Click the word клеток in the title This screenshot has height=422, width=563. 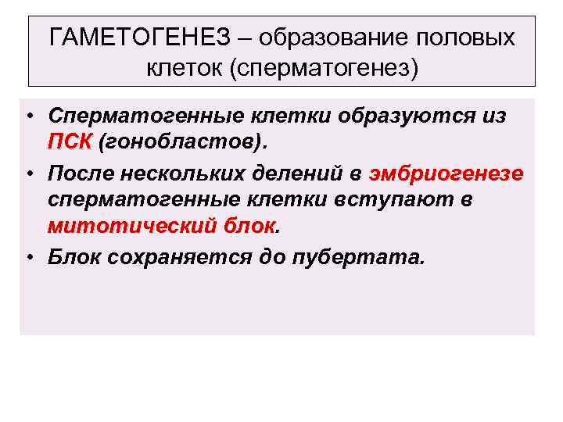[x=183, y=70]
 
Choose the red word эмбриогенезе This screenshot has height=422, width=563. [x=446, y=172]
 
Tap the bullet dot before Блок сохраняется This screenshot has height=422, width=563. [x=27, y=256]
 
